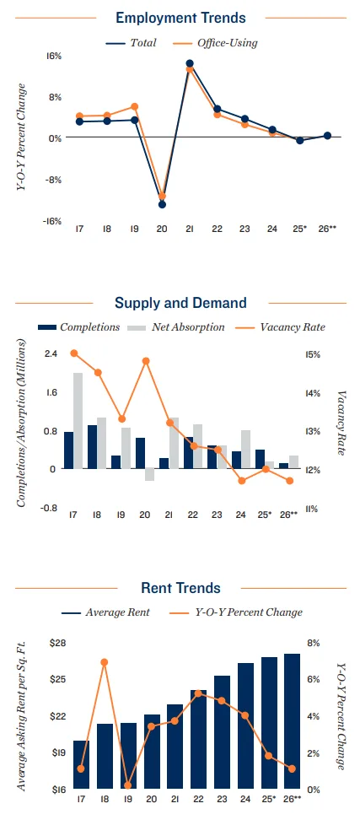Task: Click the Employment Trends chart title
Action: [180, 17]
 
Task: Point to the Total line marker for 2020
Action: [162, 204]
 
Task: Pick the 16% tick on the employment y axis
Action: [54, 56]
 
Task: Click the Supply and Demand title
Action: [180, 303]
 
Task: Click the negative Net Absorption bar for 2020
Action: [150, 474]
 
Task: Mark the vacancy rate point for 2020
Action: [146, 361]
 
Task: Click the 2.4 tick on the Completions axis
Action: [51, 354]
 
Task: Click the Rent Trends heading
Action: [180, 588]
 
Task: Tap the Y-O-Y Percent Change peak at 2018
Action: [105, 662]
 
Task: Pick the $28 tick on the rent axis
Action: [57, 643]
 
